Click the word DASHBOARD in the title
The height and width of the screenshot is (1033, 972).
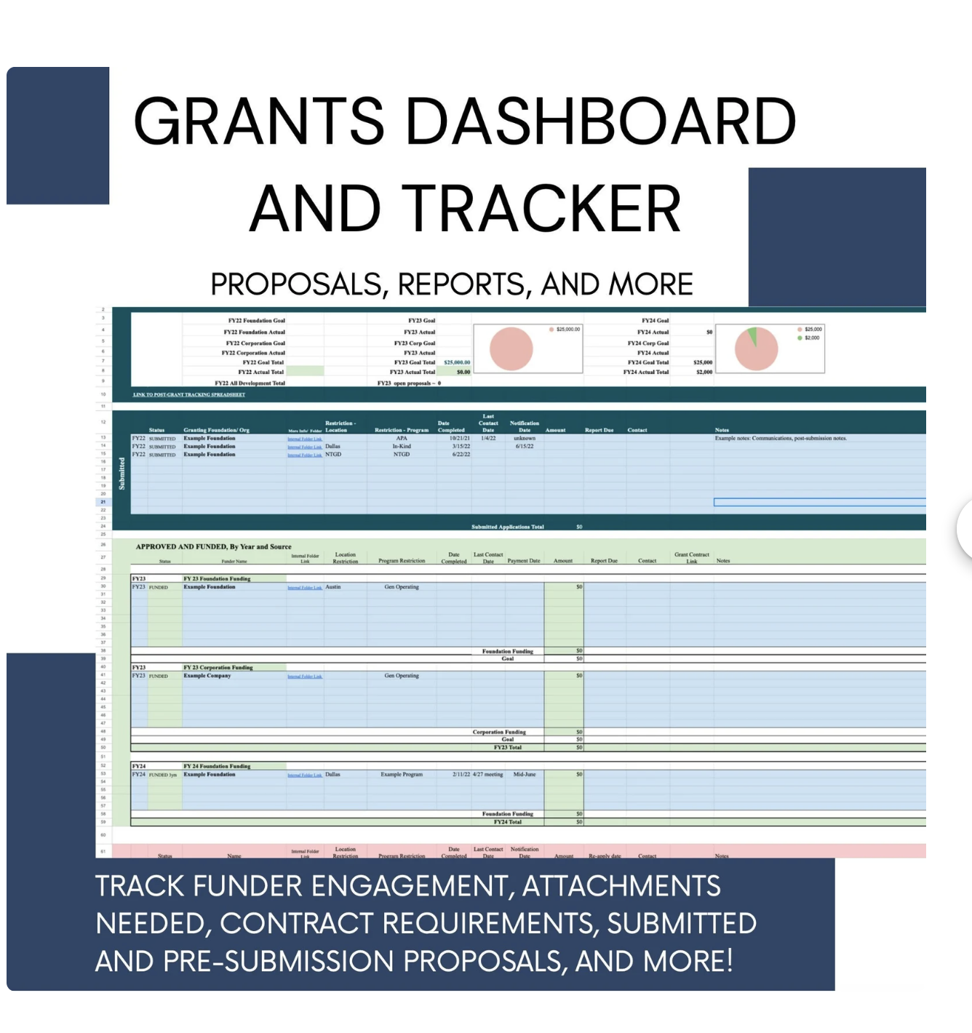601,121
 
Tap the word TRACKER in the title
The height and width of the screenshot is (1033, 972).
541,209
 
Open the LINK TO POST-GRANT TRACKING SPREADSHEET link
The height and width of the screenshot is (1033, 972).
189,395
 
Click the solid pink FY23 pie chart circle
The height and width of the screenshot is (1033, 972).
511,348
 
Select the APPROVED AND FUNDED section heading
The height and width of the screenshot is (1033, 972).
213,546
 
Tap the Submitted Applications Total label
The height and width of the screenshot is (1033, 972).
507,527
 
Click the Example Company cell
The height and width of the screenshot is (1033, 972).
207,676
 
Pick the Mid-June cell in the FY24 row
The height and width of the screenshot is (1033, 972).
524,774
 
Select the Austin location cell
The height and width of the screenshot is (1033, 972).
332,586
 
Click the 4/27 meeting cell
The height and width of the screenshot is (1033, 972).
487,774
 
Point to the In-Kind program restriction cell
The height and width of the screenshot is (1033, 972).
402,446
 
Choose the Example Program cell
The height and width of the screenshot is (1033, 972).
402,774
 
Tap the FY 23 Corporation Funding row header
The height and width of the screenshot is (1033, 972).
218,667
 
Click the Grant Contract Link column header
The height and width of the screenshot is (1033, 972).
691,557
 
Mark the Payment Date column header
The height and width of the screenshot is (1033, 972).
524,561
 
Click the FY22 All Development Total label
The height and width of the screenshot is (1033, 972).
250,383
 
